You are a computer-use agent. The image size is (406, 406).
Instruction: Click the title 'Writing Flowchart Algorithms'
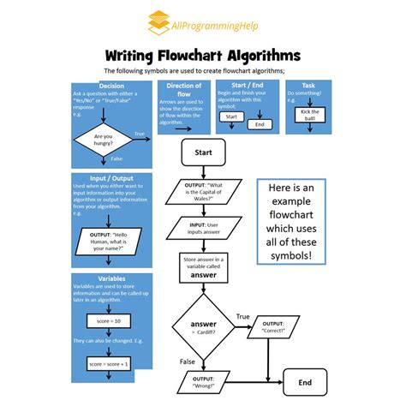coord(203,56)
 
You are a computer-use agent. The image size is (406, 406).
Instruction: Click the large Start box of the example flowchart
coord(204,152)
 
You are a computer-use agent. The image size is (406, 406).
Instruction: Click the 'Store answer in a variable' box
coord(204,266)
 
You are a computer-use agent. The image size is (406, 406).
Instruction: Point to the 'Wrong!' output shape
coord(204,381)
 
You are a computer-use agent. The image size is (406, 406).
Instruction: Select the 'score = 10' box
coord(109,320)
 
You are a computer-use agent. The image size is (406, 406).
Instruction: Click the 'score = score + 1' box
coord(109,363)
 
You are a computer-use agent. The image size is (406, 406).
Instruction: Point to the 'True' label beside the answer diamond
coord(242,316)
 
